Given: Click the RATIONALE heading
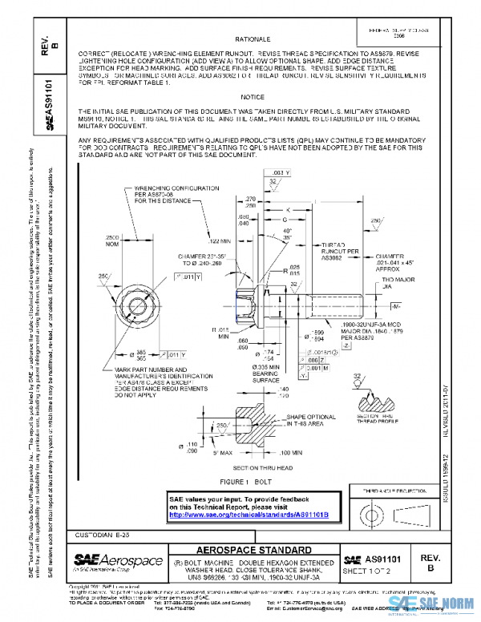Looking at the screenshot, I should click(x=253, y=38).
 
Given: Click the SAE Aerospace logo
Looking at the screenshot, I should click(x=107, y=559).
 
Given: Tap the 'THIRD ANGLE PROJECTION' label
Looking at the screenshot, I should click(x=393, y=489).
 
